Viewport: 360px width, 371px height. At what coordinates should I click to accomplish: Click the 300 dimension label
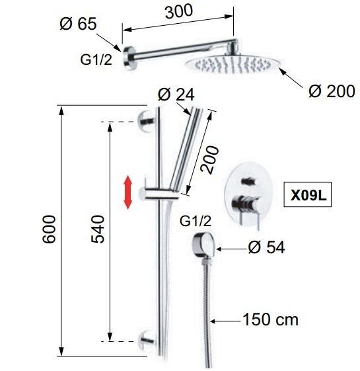click(179, 12)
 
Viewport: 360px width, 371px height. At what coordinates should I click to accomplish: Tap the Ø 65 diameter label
click(78, 24)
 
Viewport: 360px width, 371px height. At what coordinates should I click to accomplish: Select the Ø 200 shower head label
click(332, 91)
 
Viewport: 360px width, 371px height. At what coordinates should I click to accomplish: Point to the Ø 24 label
click(176, 95)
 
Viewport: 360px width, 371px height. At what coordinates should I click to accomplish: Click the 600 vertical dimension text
click(49, 229)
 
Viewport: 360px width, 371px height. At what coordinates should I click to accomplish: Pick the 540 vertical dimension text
click(97, 229)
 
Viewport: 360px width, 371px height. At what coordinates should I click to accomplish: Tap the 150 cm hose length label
click(270, 319)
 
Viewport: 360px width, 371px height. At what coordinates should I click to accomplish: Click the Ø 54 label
click(266, 247)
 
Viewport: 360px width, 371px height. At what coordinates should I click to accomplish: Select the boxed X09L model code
click(307, 194)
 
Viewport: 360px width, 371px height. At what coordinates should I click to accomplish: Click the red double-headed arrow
click(128, 192)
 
